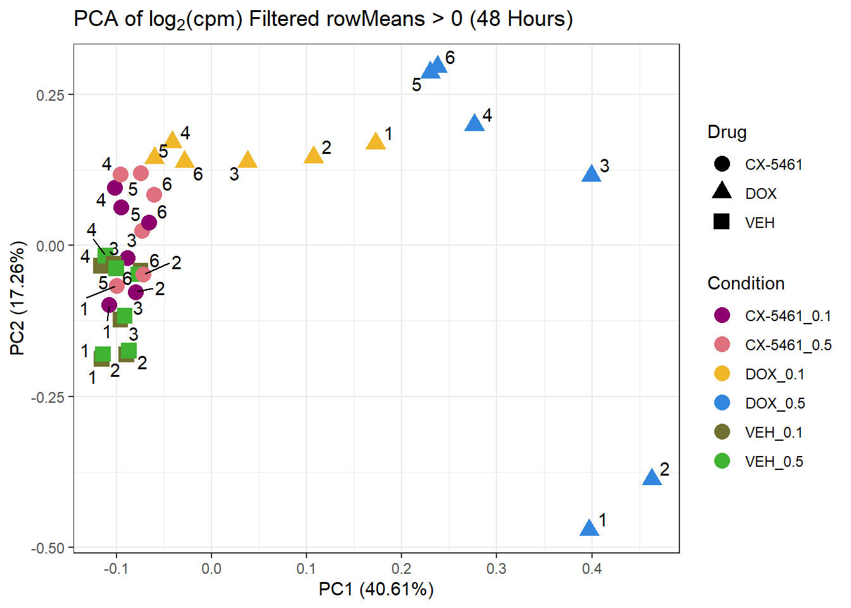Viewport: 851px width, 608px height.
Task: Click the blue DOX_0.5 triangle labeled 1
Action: [x=589, y=528]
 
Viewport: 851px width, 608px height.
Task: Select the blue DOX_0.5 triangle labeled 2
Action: [x=652, y=478]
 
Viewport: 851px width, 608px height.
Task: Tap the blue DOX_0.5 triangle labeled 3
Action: [x=591, y=174]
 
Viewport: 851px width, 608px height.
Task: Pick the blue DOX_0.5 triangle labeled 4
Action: [x=474, y=123]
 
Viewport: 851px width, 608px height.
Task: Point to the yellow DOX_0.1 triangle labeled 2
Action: [x=313, y=156]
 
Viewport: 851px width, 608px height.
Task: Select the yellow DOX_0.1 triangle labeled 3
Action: [x=248, y=160]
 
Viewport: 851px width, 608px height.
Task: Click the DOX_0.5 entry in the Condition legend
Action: [x=774, y=403]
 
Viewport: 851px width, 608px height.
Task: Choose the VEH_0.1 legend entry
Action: [x=774, y=433]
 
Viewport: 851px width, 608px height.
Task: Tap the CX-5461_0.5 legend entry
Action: [x=788, y=345]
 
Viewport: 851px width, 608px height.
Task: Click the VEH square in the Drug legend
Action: [x=722, y=222]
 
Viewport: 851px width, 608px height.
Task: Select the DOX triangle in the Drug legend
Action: [x=722, y=192]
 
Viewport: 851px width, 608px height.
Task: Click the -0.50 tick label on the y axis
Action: [x=48, y=548]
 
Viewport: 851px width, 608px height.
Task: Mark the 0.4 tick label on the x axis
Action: [x=592, y=569]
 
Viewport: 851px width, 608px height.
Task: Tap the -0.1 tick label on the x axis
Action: [x=116, y=569]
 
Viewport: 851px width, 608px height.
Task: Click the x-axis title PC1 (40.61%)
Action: [x=376, y=590]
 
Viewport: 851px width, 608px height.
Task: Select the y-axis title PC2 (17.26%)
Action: [x=18, y=298]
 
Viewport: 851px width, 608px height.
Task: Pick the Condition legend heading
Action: [x=746, y=283]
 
